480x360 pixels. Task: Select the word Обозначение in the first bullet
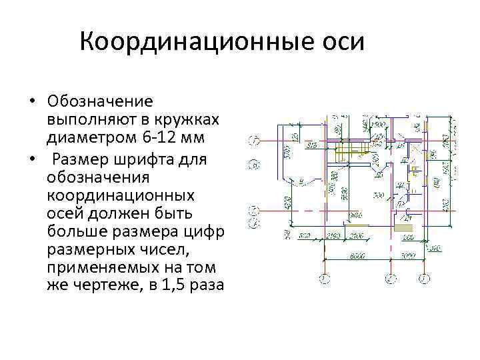(100, 102)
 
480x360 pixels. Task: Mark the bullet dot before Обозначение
(32, 102)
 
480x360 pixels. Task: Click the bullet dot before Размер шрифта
(32, 160)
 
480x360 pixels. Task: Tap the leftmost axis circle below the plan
(324, 277)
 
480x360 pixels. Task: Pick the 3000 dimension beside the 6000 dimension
(408, 256)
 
